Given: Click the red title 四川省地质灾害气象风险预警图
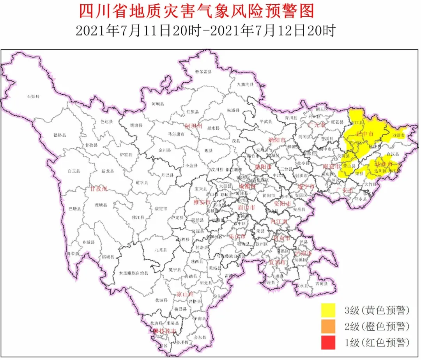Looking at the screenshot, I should pyautogui.click(x=196, y=12).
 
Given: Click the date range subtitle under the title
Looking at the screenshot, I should pyautogui.click(x=205, y=31).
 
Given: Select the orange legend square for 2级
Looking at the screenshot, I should pyautogui.click(x=329, y=326).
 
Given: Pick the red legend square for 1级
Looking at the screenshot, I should pyautogui.click(x=329, y=343).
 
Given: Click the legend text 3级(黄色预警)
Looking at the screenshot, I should pyautogui.click(x=377, y=310).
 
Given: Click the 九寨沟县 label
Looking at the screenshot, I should pyautogui.click(x=246, y=85).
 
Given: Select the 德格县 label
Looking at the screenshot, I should pyautogui.click(x=60, y=135).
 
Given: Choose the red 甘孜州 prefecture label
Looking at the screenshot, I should pyautogui.click(x=98, y=189).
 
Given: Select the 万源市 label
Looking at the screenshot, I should pyautogui.click(x=398, y=135).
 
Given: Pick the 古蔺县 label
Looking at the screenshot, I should pyautogui.click(x=322, y=283).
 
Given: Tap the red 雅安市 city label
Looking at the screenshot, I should pyautogui.click(x=202, y=202).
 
